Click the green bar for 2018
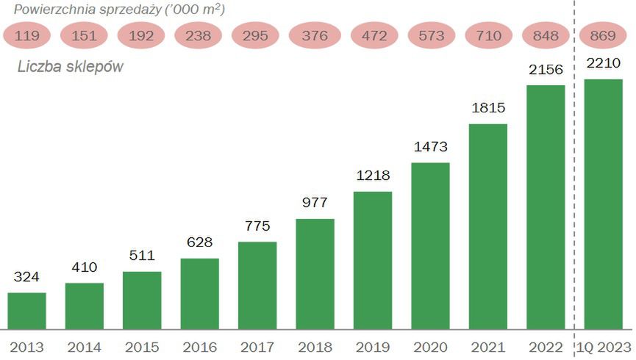click(x=315, y=274)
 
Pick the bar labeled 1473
click(x=430, y=246)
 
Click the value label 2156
click(x=545, y=69)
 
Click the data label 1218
click(x=372, y=176)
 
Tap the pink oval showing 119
click(x=26, y=35)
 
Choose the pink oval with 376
click(x=315, y=35)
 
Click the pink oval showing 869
click(x=603, y=35)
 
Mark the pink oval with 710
click(x=487, y=35)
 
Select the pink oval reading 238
click(x=199, y=35)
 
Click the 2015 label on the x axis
click(x=142, y=347)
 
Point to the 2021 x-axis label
click(x=487, y=347)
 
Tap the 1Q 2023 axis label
click(x=603, y=347)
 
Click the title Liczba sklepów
click(x=70, y=67)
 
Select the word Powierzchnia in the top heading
click(x=49, y=10)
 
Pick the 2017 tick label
click(x=257, y=347)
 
